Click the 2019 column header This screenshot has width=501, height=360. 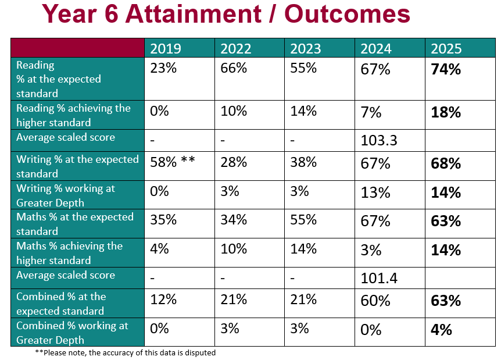coord(166,48)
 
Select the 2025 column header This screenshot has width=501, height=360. coord(446,48)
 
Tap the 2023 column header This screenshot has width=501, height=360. coord(305,48)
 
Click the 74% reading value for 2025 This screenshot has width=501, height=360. coord(446,69)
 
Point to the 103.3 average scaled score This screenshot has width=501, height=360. coord(379,141)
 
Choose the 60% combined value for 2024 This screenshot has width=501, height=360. coord(375,301)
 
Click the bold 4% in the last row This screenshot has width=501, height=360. coord(442,330)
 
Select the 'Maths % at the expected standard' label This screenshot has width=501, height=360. coord(75,224)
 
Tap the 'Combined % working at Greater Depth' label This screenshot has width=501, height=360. coord(72,333)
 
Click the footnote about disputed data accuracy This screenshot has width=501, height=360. coord(125,352)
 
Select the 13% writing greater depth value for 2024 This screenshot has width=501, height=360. coord(375,192)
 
